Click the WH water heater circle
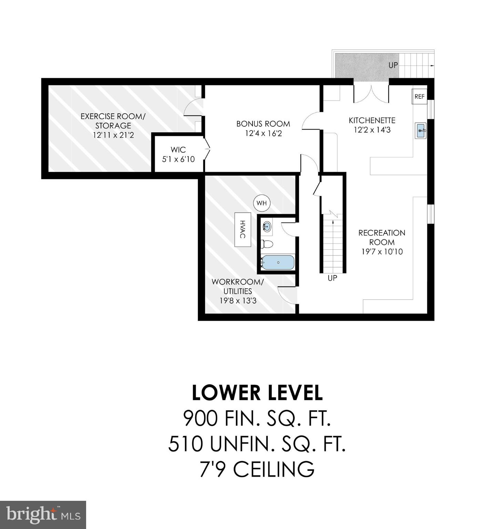[x=262, y=203]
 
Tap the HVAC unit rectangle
[x=243, y=229]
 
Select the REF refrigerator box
[x=419, y=96]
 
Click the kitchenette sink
[x=421, y=131]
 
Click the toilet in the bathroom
[x=267, y=244]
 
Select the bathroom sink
[x=267, y=226]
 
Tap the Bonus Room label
[x=263, y=124]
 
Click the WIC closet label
[x=178, y=150]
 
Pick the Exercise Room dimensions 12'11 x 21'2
[x=113, y=135]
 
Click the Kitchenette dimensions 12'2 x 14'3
[x=372, y=130]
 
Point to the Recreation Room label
[x=382, y=237]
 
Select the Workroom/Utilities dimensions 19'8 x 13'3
[x=238, y=301]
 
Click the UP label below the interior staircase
[x=333, y=278]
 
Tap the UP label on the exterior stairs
[x=393, y=65]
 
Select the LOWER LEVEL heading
[x=257, y=393]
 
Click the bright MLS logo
[x=43, y=515]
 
